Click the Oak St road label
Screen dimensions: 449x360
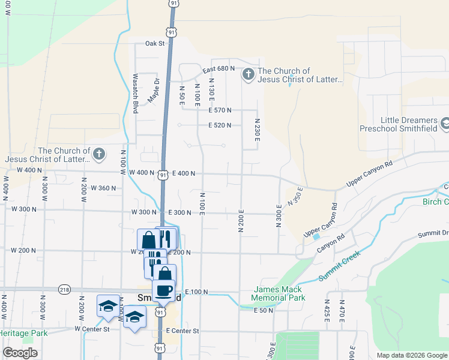[154, 43]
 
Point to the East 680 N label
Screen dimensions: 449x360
[218, 68]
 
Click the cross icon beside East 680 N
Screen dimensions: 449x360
[248, 75]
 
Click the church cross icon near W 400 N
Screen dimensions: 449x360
[99, 155]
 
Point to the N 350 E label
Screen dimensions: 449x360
[295, 196]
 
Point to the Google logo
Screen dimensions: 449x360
[20, 353]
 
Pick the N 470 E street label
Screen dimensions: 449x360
[342, 311]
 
